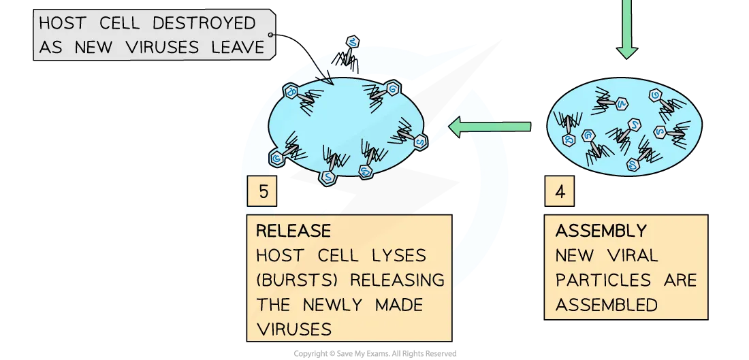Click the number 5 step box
263,191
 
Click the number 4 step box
560,191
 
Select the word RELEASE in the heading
293,230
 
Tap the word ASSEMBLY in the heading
601,231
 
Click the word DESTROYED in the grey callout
204,22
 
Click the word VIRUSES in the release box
293,329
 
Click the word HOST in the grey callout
63,22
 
